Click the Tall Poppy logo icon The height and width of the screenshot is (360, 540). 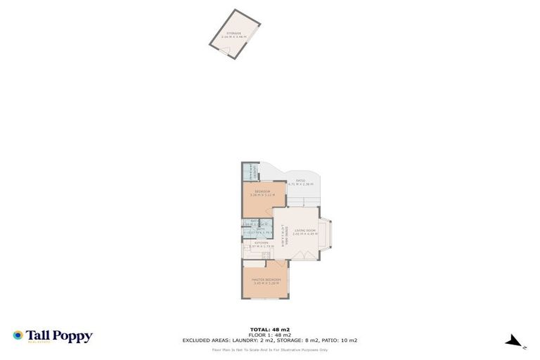[x=18, y=336]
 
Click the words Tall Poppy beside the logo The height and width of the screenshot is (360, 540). [x=59, y=336]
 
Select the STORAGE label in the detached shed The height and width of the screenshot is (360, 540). [x=232, y=32]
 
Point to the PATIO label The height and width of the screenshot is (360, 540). [x=300, y=181]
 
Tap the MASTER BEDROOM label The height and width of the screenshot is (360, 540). [x=267, y=279]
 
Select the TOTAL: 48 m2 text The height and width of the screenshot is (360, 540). [x=270, y=328]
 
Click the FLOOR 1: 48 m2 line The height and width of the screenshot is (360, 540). [x=270, y=334]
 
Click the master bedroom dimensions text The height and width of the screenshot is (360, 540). [x=267, y=283]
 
